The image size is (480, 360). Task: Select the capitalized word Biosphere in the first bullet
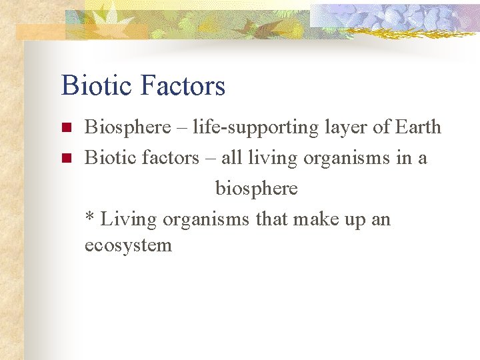[x=127, y=127]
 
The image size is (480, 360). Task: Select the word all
[x=231, y=158]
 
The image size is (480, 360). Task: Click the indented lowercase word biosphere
[x=256, y=189]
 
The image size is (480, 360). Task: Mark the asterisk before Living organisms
[x=89, y=217]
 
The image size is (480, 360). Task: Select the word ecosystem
[x=128, y=245]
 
